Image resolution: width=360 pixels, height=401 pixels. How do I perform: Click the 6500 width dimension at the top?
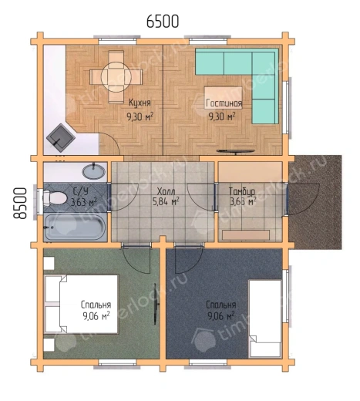coord(163,22)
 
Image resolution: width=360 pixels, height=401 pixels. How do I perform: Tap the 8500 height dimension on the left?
coord(20,203)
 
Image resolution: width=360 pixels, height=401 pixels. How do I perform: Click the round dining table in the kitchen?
coord(116,76)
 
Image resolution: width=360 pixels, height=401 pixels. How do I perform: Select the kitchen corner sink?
coord(61,138)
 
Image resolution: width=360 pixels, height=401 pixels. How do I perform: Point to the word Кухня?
coord(140,103)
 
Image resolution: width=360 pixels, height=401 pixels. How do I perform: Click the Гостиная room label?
coord(224,103)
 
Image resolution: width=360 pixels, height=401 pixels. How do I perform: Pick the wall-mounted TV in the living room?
coord(236,151)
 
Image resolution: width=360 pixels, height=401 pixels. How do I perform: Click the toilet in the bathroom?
coord(55,197)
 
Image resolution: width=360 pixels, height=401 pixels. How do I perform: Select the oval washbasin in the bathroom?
coord(94,170)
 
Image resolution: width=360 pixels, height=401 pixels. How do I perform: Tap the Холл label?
coord(166,191)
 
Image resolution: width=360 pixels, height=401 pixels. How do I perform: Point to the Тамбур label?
coord(242,192)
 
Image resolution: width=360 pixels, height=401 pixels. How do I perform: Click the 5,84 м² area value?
coord(166,201)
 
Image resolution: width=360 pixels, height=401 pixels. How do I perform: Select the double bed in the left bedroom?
coord(82,305)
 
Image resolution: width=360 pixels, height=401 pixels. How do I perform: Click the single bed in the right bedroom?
coord(265,318)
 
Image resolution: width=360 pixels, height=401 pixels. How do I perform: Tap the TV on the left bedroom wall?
coord(156,304)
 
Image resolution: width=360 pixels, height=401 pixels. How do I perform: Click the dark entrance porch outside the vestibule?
coord(315,202)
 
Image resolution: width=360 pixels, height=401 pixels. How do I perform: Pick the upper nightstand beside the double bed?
coord(49,263)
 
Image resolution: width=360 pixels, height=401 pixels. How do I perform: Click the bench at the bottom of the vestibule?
coord(246,235)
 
